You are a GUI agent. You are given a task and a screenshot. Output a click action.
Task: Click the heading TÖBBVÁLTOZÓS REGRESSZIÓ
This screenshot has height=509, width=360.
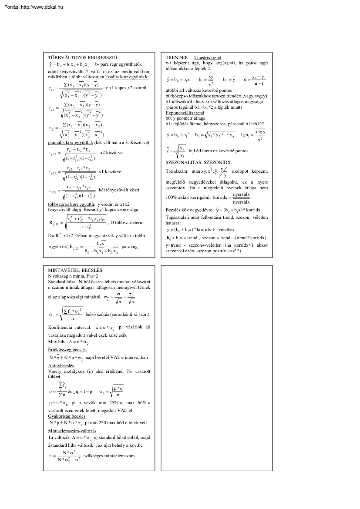click(82, 57)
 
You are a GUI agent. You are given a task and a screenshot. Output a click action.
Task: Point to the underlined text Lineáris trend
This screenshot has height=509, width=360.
click(207, 57)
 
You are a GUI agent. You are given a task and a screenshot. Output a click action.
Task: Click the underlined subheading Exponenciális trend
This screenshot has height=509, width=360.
click(185, 113)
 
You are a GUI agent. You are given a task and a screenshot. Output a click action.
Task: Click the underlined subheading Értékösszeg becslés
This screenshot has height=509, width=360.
click(67, 349)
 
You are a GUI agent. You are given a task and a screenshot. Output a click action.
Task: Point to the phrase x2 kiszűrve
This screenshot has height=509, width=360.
click(111, 153)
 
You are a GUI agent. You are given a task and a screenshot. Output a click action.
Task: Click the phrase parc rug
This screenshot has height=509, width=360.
click(130, 246)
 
